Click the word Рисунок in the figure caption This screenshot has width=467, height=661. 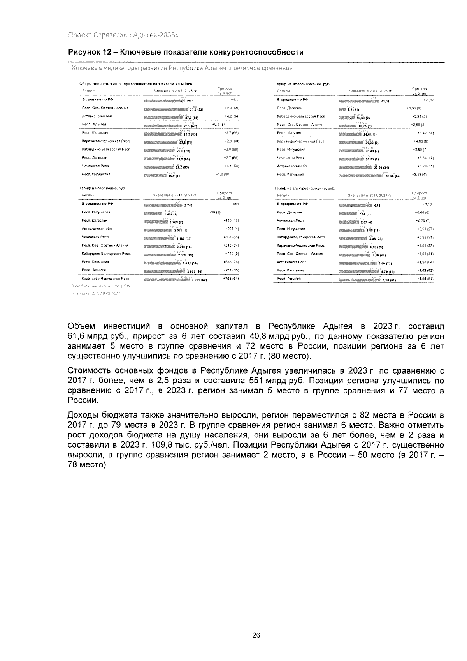point(83,52)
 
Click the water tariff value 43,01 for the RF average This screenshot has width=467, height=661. point(385,101)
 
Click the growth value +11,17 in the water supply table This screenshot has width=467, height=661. point(428,100)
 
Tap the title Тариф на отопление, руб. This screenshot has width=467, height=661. point(102,188)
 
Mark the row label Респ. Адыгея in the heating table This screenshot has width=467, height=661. point(91,270)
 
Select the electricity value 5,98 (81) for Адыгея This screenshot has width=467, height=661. point(389,280)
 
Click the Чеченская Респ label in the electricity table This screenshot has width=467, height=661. point(290,220)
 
